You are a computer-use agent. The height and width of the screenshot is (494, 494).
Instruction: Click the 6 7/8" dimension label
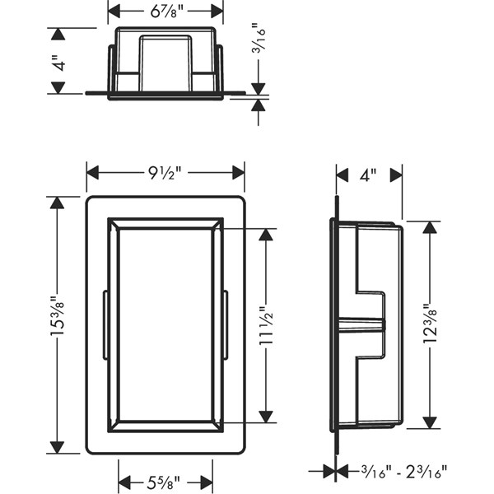(166, 12)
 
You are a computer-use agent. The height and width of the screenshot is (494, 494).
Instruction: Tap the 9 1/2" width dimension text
(165, 173)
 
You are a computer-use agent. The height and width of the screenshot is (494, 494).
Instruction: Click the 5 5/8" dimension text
(163, 482)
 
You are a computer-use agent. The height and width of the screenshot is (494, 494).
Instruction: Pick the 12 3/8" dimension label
(430, 324)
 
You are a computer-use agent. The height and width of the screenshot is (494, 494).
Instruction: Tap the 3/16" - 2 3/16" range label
(404, 472)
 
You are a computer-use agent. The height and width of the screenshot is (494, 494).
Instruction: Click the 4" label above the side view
(368, 175)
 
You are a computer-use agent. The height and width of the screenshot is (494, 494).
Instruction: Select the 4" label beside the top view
(58, 63)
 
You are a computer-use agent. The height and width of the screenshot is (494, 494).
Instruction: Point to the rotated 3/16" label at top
(259, 37)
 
